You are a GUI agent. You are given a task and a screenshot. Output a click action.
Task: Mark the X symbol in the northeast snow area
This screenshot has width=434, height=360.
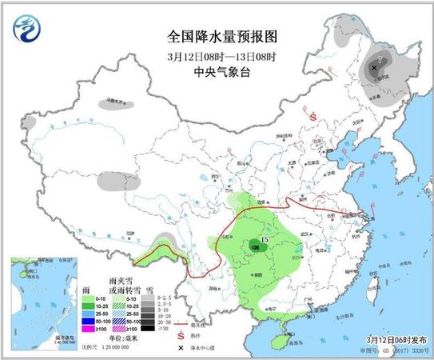pos(374,69)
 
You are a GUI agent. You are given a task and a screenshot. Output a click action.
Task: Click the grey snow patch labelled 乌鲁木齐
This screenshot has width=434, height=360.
pos(119,103)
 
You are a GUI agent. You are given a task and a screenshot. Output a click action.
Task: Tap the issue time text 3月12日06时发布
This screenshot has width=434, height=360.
pos(390,339)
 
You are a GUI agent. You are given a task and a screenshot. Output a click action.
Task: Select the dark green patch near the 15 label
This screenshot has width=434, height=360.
pos(255,246)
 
